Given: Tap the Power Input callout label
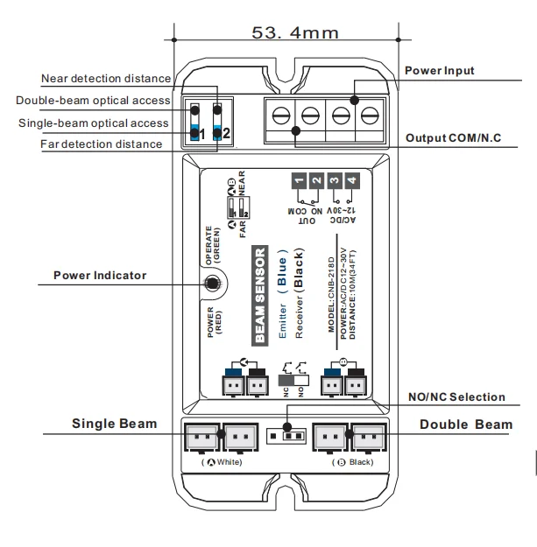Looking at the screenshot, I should click(440, 69).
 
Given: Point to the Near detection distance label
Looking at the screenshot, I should click(106, 80).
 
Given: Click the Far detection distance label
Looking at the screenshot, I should click(102, 144).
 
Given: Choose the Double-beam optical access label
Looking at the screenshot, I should click(94, 101).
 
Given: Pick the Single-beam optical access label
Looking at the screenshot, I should click(94, 123).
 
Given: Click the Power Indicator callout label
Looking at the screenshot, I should click(100, 275).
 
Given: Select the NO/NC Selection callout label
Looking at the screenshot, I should click(456, 396).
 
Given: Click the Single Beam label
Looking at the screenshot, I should click(114, 424).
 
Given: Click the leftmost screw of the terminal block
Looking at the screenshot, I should click(280, 115).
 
